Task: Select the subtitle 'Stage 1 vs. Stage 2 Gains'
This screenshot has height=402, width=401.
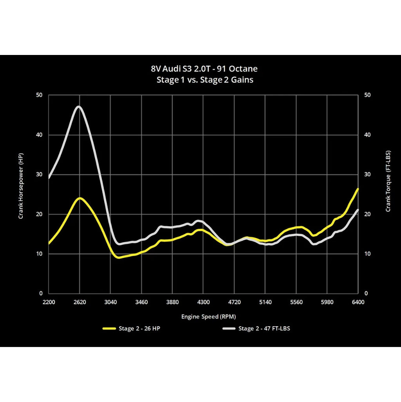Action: [205, 80]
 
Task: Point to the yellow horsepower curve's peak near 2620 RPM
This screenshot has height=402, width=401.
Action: [80, 198]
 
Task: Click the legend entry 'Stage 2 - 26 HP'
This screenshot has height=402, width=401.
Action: [139, 329]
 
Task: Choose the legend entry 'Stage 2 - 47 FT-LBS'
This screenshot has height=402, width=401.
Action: [264, 329]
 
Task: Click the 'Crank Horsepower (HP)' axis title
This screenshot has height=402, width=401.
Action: [21, 186]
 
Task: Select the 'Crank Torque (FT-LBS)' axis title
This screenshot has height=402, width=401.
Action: [388, 181]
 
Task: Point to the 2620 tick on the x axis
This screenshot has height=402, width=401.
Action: [80, 302]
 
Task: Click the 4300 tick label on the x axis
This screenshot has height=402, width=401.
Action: [203, 302]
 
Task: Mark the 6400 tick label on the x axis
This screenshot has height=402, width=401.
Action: [358, 302]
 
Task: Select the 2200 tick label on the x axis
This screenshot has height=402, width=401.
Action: [49, 302]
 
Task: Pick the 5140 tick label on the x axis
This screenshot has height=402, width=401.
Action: [265, 302]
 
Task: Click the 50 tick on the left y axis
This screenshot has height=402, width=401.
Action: [40, 95]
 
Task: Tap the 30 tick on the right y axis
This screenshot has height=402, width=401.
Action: [367, 175]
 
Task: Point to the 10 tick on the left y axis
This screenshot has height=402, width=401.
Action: [40, 254]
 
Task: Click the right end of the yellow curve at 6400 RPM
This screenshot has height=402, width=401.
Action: [357, 189]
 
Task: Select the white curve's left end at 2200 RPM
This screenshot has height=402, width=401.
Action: [49, 178]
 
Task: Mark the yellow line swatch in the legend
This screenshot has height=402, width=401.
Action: [109, 329]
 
